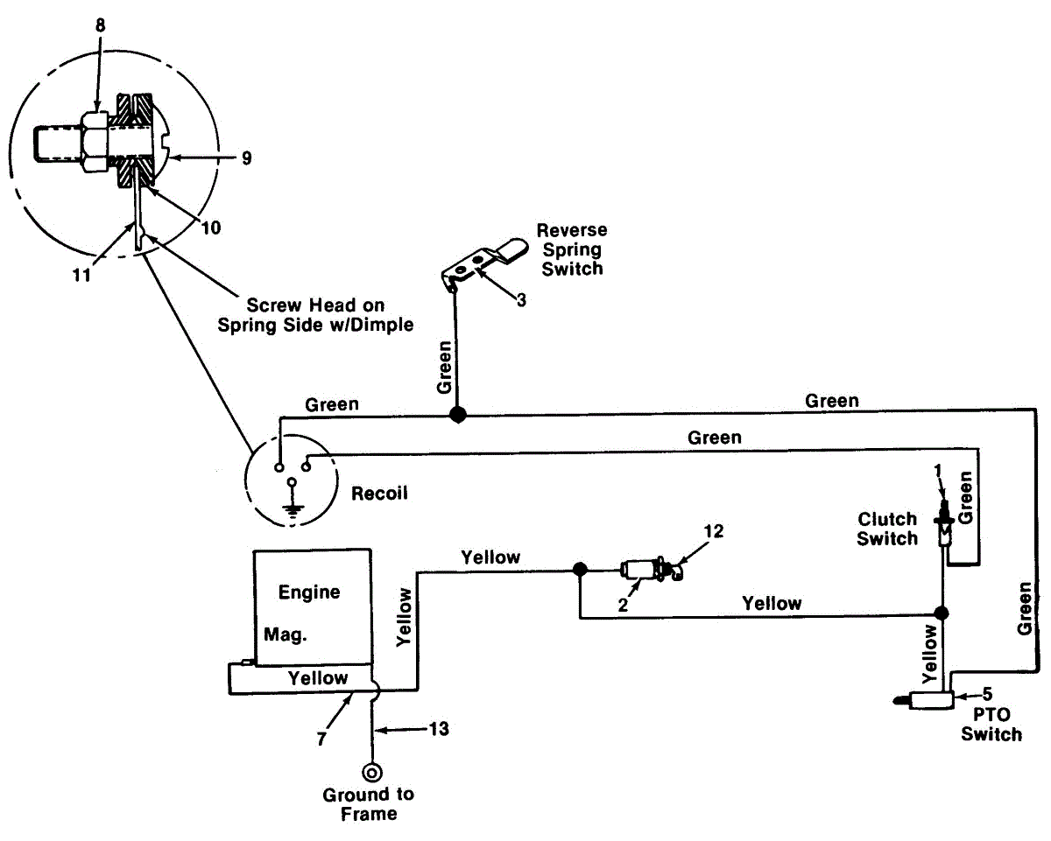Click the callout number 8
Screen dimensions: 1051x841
[100, 25]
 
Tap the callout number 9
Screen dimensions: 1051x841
[247, 158]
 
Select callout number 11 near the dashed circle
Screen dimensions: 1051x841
[81, 276]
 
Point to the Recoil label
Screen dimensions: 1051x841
[379, 493]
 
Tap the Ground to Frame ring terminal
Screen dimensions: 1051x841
[372, 773]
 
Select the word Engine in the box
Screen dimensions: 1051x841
[309, 592]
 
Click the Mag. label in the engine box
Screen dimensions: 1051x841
[286, 634]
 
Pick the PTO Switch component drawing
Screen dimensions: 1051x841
[924, 700]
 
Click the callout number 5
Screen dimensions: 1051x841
[986, 693]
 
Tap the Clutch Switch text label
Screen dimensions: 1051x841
[887, 529]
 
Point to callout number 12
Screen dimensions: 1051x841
[713, 531]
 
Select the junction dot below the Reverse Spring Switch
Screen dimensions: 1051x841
[457, 415]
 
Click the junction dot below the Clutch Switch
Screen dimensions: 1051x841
[942, 613]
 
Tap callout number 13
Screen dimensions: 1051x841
[439, 729]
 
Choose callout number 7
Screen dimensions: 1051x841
[321, 739]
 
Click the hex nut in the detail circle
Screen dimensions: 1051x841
[95, 142]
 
